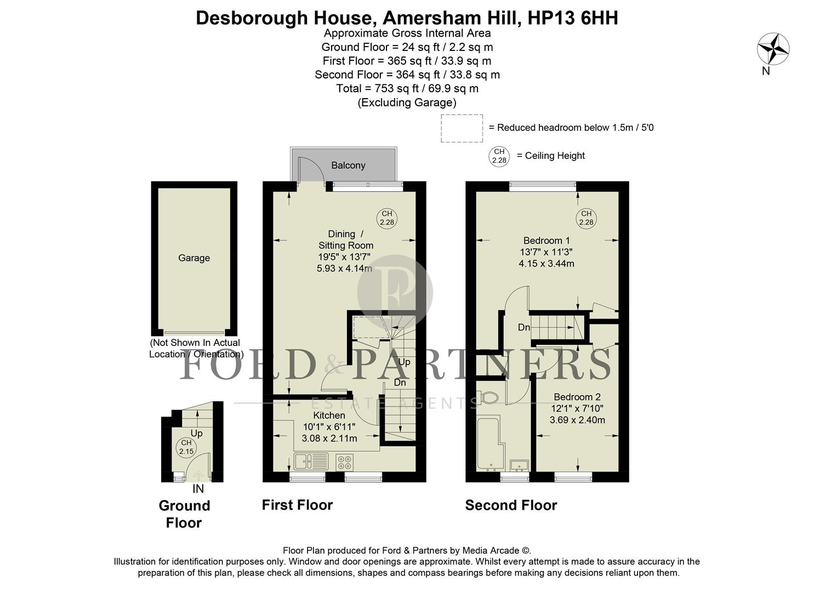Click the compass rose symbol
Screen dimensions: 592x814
pyautogui.click(x=773, y=49)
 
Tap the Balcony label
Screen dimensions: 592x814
pyautogui.click(x=348, y=165)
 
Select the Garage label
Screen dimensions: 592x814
pyautogui.click(x=194, y=258)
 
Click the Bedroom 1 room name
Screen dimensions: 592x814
pyautogui.click(x=547, y=240)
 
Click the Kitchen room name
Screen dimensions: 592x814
pyautogui.click(x=329, y=415)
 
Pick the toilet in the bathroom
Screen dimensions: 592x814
pyautogui.click(x=487, y=397)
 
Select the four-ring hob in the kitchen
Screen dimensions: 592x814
pyautogui.click(x=344, y=462)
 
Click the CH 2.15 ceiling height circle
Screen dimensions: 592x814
pyautogui.click(x=186, y=447)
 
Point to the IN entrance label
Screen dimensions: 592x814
pyautogui.click(x=198, y=489)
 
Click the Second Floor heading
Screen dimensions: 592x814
pyautogui.click(x=511, y=505)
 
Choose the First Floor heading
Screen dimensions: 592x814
pyautogui.click(x=297, y=505)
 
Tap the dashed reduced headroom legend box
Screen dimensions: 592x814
pyautogui.click(x=462, y=128)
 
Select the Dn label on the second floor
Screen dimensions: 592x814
pyautogui.click(x=524, y=327)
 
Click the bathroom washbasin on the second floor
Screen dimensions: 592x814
pyautogui.click(x=519, y=465)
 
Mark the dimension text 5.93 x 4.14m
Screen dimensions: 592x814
pyautogui.click(x=344, y=269)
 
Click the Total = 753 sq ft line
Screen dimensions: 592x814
pyautogui.click(x=407, y=88)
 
